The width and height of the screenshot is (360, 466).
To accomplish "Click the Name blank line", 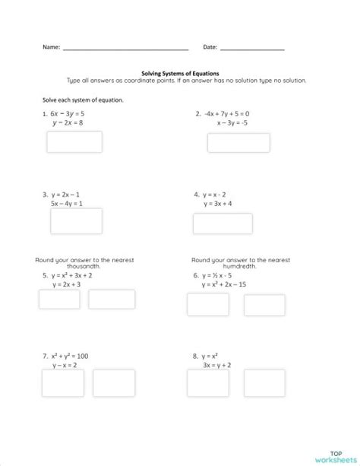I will coord(125,49).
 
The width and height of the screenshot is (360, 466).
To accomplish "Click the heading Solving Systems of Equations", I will coord(180,74).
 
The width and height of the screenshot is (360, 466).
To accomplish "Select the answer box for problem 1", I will coord(74,142).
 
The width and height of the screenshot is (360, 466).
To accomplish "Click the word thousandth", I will coord(74,266).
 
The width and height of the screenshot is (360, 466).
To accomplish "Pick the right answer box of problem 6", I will coord(264,304).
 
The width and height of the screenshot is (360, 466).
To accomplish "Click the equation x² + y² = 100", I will coord(71,355).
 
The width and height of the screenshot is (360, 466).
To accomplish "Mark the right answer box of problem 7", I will coord(113,382).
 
